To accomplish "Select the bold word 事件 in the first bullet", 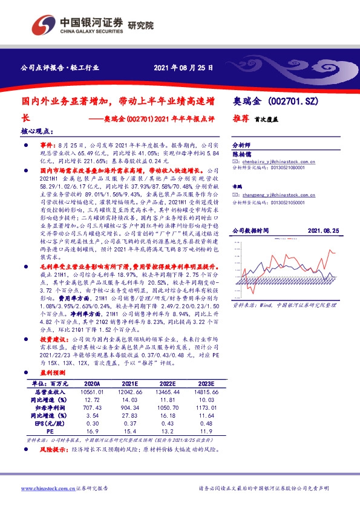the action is [48, 146].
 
